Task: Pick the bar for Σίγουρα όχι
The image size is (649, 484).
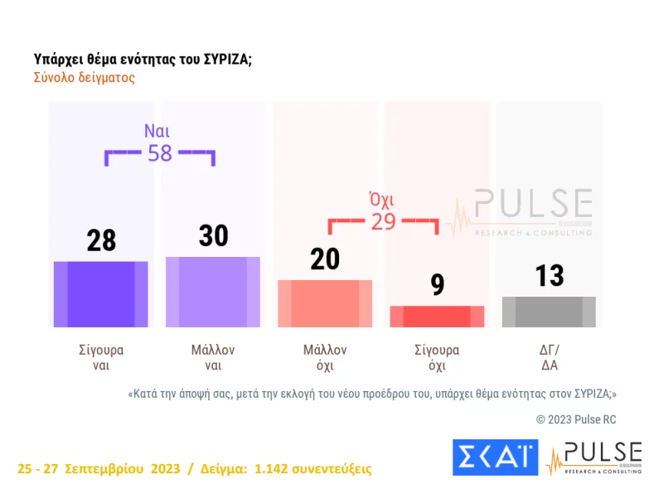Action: (x=437, y=317)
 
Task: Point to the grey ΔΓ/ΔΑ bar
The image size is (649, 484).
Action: (x=549, y=312)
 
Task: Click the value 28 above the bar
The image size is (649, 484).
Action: (x=101, y=240)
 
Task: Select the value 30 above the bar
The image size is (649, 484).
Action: (x=213, y=235)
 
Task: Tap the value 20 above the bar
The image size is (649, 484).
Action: (x=325, y=259)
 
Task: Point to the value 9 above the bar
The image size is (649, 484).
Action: (x=438, y=284)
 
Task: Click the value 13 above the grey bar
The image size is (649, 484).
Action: (x=550, y=275)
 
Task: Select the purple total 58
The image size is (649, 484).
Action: (x=159, y=153)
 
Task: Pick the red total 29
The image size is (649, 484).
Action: (x=383, y=221)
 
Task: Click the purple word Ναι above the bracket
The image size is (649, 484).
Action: (x=157, y=131)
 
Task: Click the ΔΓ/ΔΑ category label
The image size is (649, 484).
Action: (x=549, y=357)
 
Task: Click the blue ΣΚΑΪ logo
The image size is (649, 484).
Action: (x=495, y=457)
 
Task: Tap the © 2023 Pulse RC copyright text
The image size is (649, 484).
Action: (x=576, y=419)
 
